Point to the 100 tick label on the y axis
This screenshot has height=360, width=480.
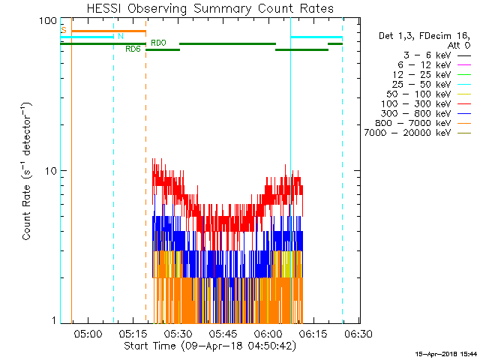49,20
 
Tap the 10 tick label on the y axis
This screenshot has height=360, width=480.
52,170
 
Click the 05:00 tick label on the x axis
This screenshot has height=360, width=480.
87,332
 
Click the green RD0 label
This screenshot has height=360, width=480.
158,43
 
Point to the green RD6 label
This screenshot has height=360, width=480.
132,49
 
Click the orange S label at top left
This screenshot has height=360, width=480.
64,29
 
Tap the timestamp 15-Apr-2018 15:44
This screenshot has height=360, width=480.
446,353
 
